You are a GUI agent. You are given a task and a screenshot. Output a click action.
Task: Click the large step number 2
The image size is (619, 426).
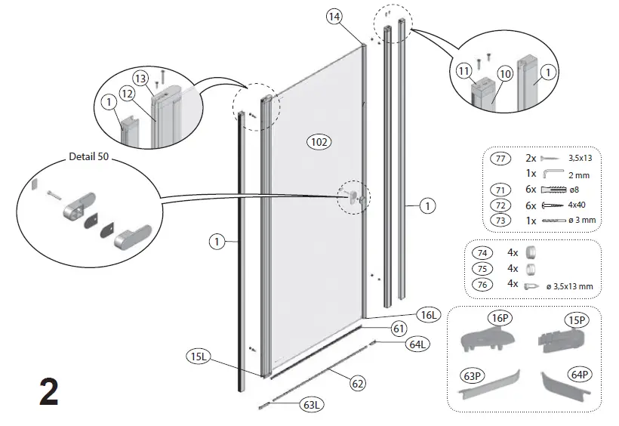pyautogui.click(x=48, y=394)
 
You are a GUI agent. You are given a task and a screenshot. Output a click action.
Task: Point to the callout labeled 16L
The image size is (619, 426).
pyautogui.click(x=427, y=313)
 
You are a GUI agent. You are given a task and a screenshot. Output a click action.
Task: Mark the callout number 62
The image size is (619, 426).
pyautogui.click(x=358, y=384)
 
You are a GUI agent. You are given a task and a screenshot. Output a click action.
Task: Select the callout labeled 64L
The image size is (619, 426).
pyautogui.click(x=417, y=344)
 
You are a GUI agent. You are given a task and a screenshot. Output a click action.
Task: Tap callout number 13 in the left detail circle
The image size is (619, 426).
pyautogui.click(x=140, y=77)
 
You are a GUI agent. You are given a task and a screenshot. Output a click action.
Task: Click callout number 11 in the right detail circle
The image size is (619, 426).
pyautogui.click(x=464, y=72)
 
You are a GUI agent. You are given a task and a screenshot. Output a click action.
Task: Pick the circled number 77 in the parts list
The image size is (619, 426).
pyautogui.click(x=499, y=159)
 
